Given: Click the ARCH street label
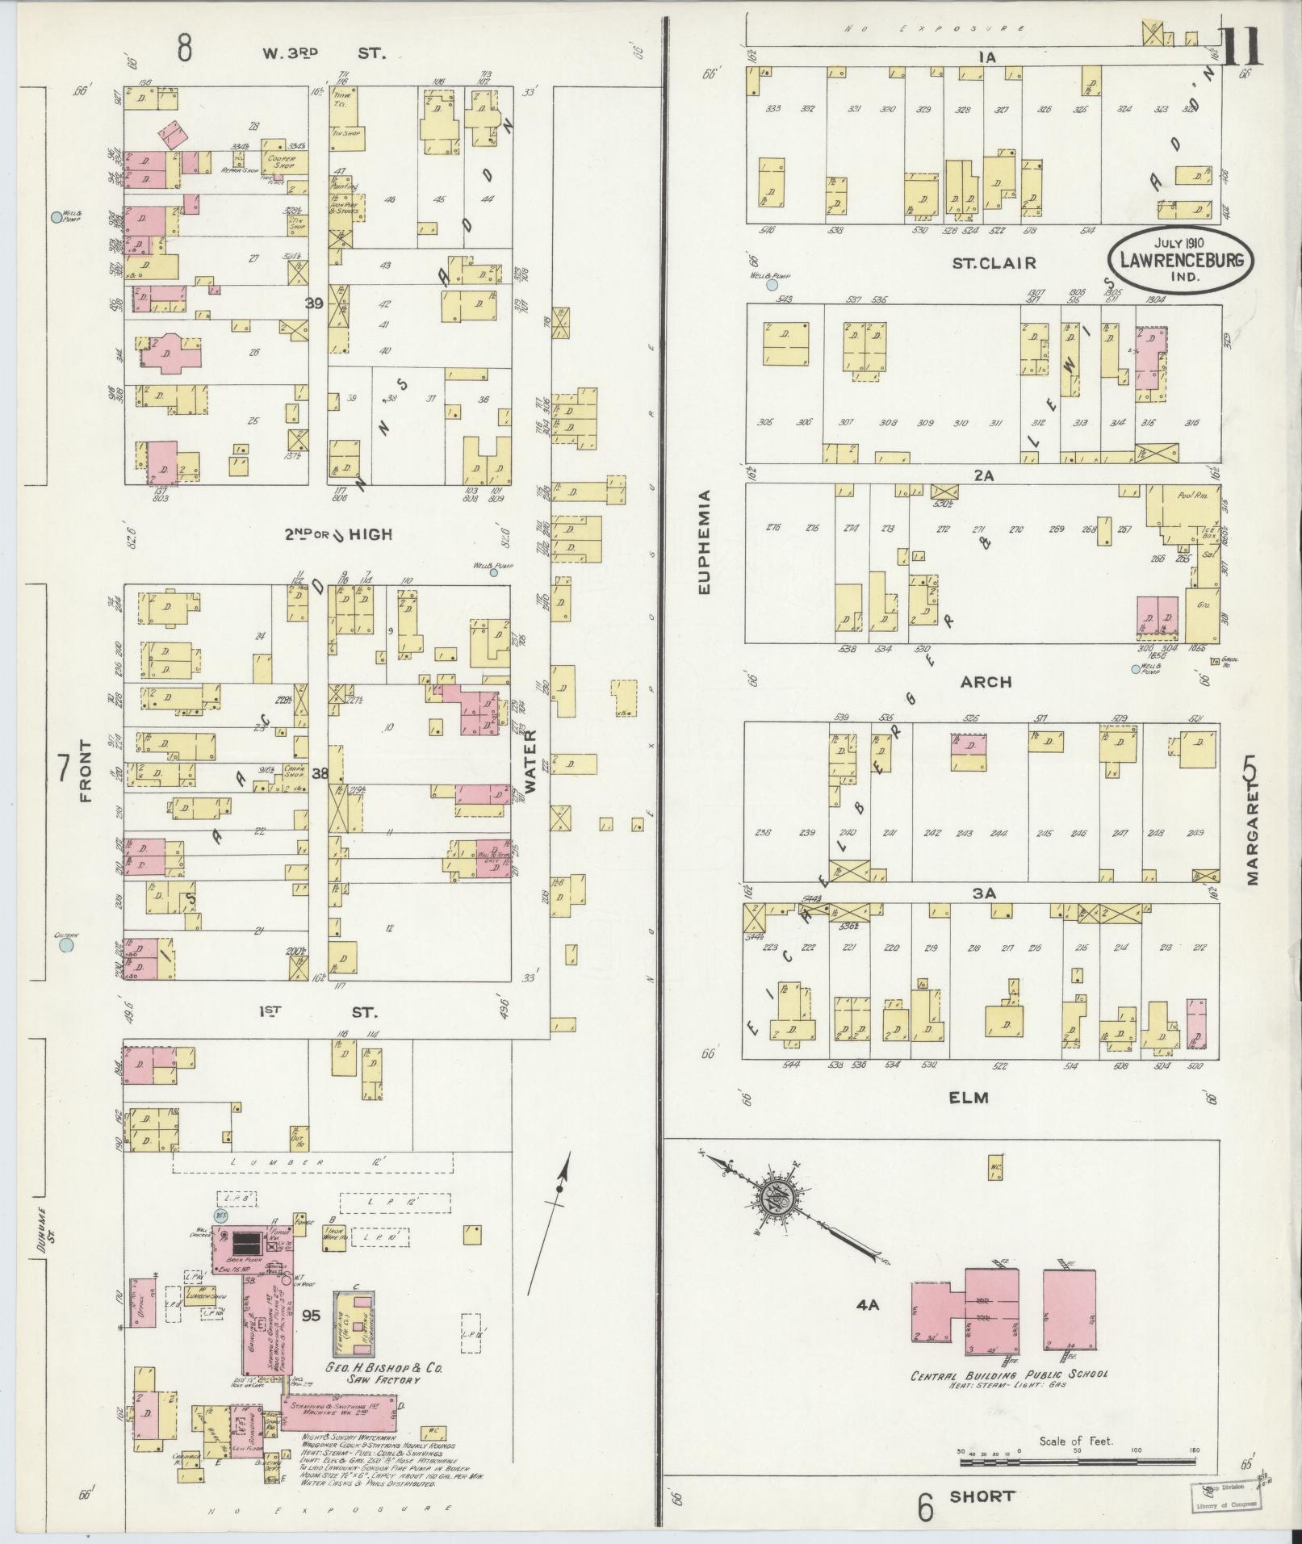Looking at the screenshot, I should [x=986, y=682].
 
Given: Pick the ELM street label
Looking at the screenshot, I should [x=969, y=1097].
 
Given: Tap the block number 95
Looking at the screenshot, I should [x=311, y=1316].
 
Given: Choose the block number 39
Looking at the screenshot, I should [x=314, y=302].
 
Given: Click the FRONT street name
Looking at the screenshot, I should [x=87, y=771].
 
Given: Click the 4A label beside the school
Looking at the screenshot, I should [x=868, y=1303].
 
